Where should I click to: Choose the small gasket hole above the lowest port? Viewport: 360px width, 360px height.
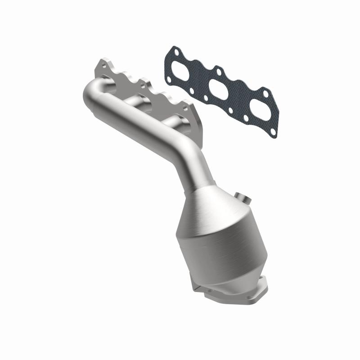(x=265, y=94)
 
